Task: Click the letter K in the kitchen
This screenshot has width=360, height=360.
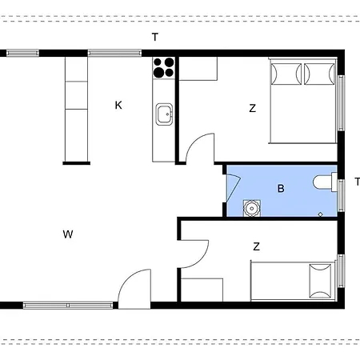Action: pos(118,105)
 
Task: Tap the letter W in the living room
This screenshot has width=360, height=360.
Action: pos(68,234)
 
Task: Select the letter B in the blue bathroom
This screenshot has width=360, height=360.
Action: pos(281,189)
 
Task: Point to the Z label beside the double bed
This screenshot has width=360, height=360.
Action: pos(252,108)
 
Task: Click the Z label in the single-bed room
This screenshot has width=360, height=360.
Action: pos(256,246)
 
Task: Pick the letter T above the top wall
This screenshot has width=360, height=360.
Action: pos(155,37)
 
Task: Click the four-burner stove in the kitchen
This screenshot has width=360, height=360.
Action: pos(164,68)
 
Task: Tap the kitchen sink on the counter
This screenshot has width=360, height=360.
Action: pos(164,114)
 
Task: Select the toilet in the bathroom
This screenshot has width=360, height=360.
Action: pos(325,182)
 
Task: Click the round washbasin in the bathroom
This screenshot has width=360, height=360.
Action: pos(252,208)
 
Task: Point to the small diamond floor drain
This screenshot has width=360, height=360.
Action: pos(321,214)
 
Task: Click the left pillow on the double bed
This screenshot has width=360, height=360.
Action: pos(286,74)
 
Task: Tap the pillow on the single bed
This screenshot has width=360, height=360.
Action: pos(320,281)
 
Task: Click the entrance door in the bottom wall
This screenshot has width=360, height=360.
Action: pos(134,289)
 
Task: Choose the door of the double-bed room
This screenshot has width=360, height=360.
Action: pos(200,148)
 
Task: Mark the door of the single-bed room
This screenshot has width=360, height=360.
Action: pos(193,254)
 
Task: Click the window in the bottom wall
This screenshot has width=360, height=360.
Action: pos(68,306)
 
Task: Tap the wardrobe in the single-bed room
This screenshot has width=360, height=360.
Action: pos(202,290)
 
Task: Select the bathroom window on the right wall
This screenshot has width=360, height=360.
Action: pos(341,195)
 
